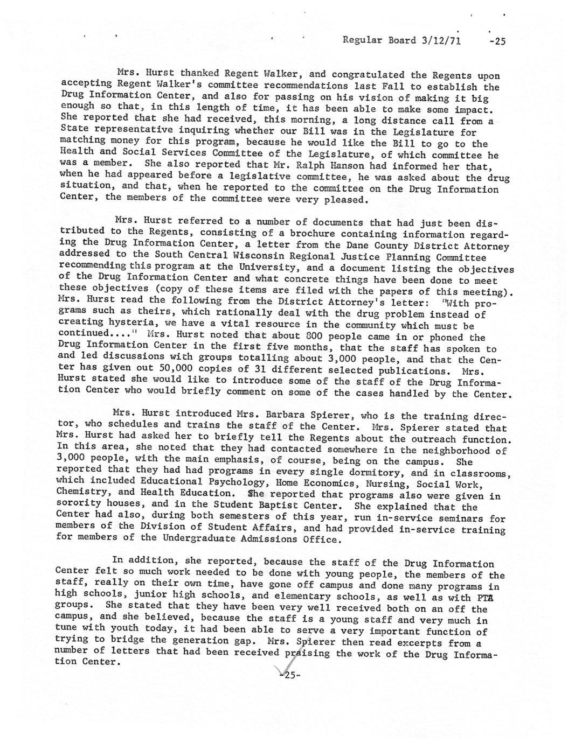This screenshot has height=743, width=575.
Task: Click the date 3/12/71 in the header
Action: coord(442,40)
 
